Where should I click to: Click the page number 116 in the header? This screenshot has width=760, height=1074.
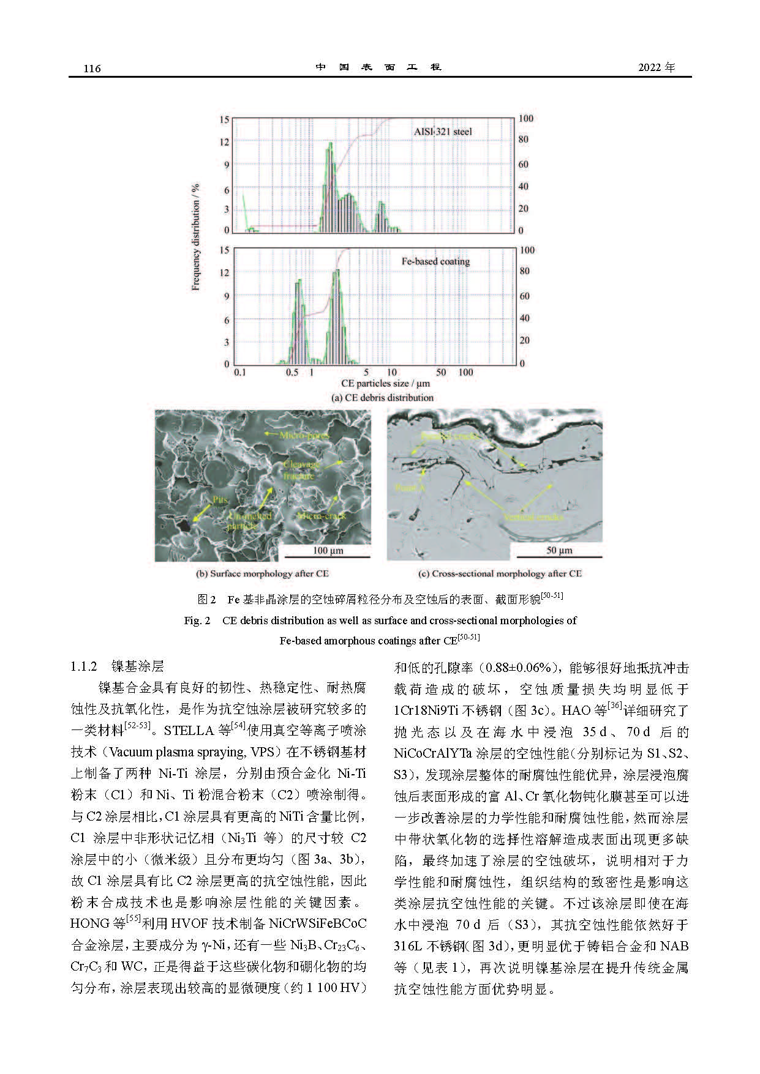pos(92,69)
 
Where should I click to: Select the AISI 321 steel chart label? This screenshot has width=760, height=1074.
pos(442,132)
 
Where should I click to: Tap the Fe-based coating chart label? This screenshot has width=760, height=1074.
pos(435,261)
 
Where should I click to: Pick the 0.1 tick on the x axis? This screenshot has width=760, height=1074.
pos(239,372)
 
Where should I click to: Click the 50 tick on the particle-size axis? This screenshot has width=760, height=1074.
pos(440,372)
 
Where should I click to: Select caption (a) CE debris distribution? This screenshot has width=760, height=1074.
pos(382,398)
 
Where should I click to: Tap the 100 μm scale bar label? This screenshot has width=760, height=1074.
pos(328,551)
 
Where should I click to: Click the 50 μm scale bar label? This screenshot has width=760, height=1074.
pos(559,551)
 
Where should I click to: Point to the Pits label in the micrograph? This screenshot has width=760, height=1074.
pos(220,500)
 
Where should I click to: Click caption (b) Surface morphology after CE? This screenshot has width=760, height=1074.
pos(262,574)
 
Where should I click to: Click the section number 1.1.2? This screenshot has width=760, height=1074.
pos(85,666)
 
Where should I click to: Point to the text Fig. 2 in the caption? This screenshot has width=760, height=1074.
pos(197,621)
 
